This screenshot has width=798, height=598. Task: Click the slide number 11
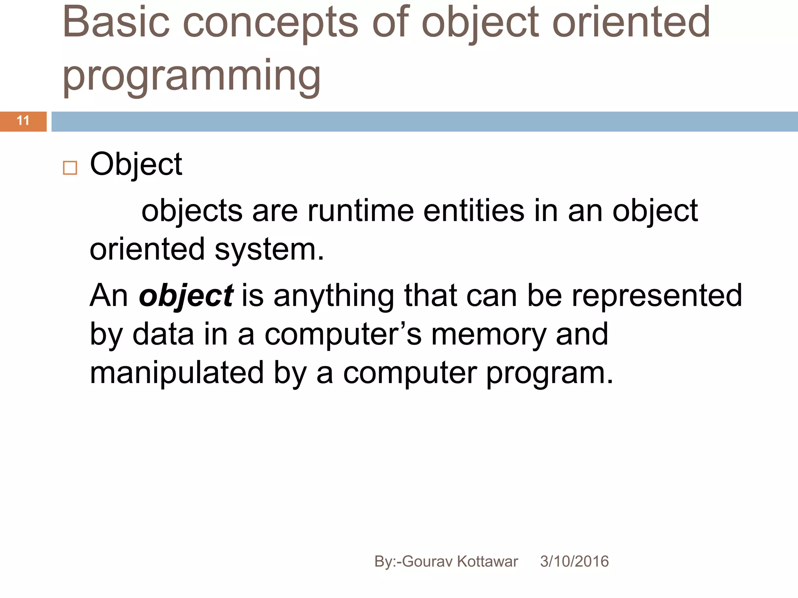(x=23, y=121)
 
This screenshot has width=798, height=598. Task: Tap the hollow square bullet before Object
(x=70, y=168)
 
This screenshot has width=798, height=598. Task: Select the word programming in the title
(x=191, y=76)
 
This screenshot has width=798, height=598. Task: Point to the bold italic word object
(x=186, y=296)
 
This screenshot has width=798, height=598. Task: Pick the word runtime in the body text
(x=360, y=211)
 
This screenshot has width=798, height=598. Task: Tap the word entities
(x=474, y=211)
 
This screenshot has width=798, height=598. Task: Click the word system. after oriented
(x=269, y=250)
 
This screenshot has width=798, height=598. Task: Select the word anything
(x=334, y=296)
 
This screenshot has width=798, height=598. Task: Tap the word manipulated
(x=177, y=373)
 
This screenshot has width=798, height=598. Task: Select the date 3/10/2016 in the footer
(x=574, y=561)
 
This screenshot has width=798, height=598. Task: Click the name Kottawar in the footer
(x=487, y=561)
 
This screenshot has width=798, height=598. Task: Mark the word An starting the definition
(x=109, y=296)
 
